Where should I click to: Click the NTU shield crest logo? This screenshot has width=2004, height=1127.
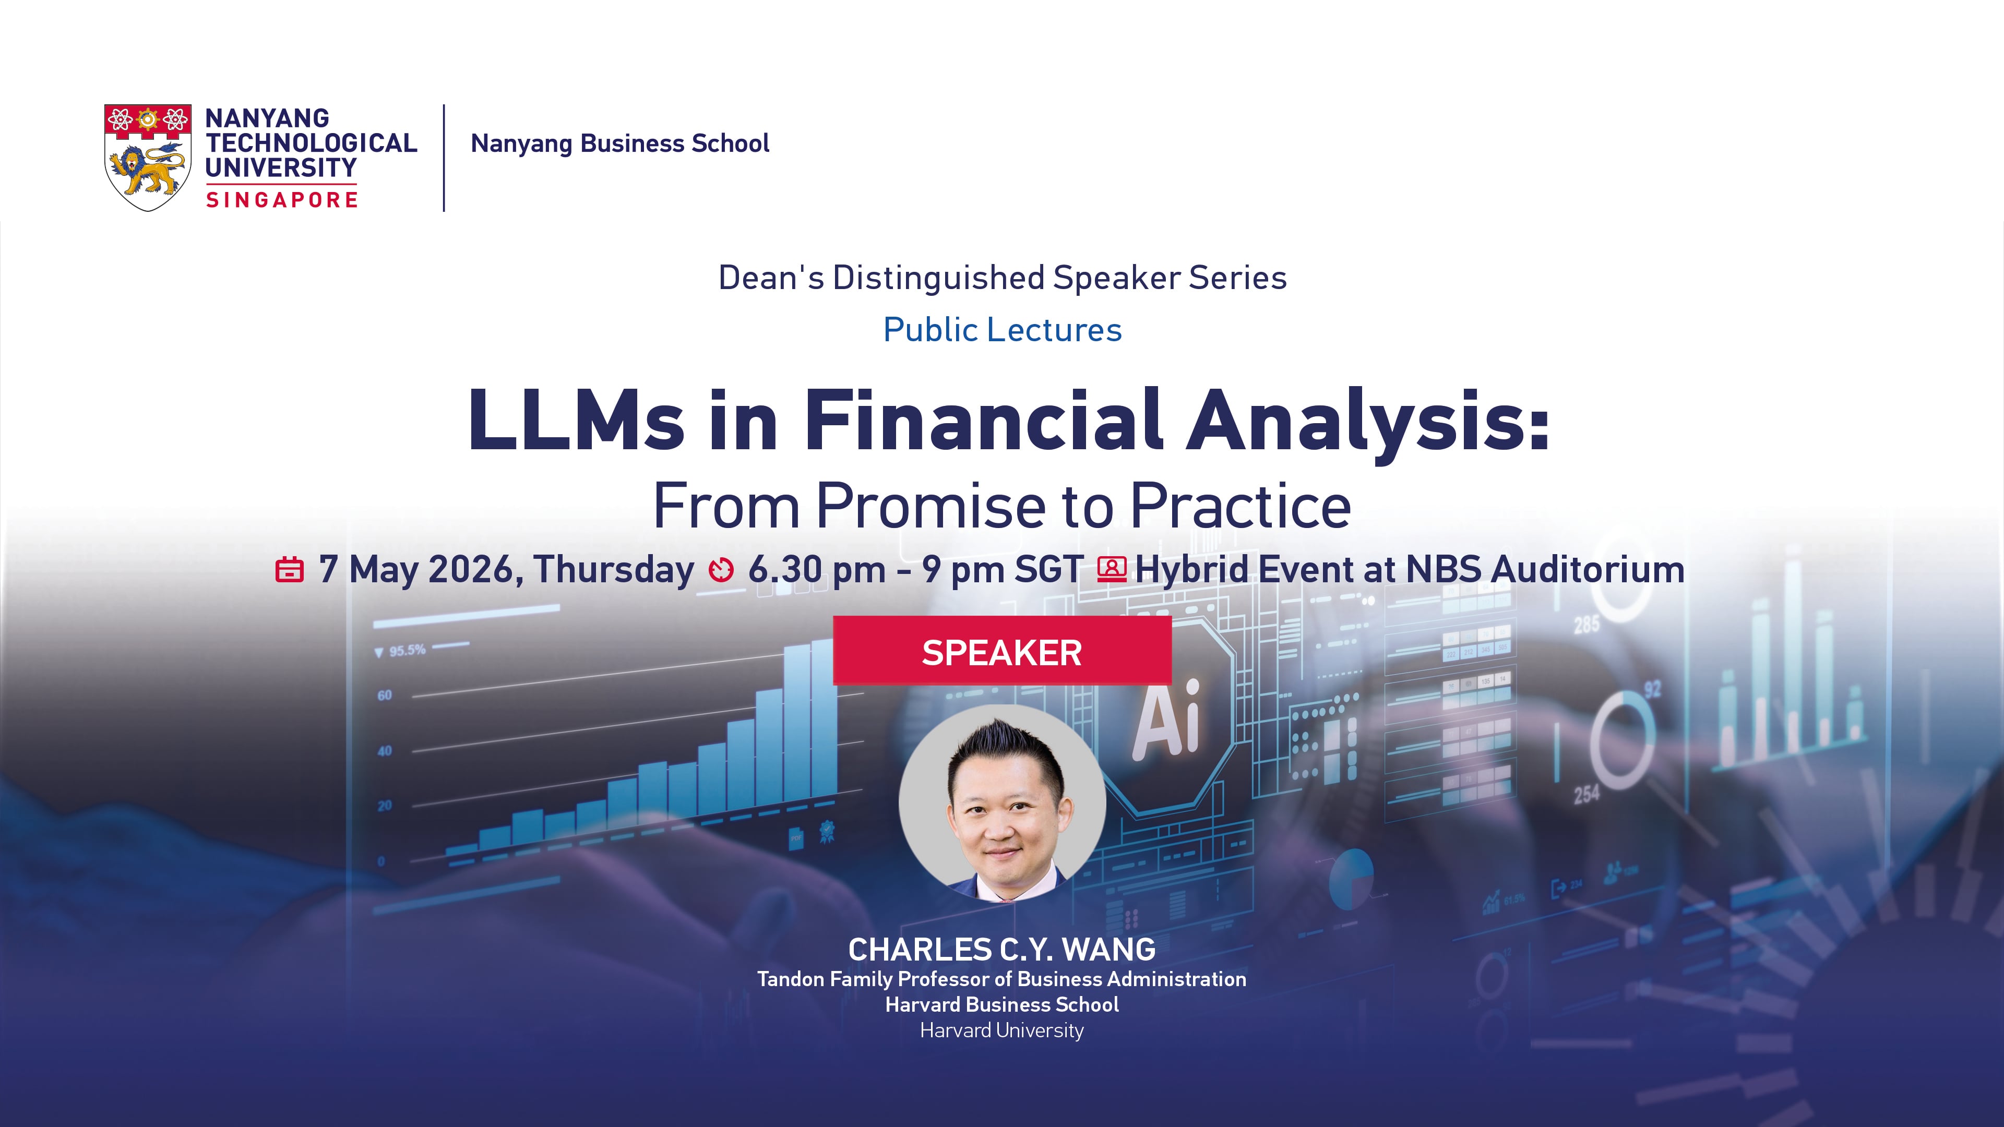tap(148, 158)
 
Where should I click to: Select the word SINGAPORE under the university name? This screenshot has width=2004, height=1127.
tap(282, 200)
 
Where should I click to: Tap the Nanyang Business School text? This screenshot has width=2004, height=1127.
tap(620, 143)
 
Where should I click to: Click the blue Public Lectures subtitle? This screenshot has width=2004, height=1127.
tap(1002, 330)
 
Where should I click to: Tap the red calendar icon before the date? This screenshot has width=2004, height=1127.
tap(290, 569)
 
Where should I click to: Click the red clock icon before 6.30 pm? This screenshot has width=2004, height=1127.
tap(721, 570)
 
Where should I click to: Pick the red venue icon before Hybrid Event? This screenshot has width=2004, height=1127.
tap(1112, 569)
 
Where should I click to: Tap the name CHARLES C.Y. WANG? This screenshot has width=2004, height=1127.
tap(1002, 950)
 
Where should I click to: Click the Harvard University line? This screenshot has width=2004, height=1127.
tap(1002, 1030)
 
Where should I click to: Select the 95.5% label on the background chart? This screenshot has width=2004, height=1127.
tap(407, 650)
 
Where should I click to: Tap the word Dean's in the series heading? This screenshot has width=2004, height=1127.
tap(771, 278)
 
